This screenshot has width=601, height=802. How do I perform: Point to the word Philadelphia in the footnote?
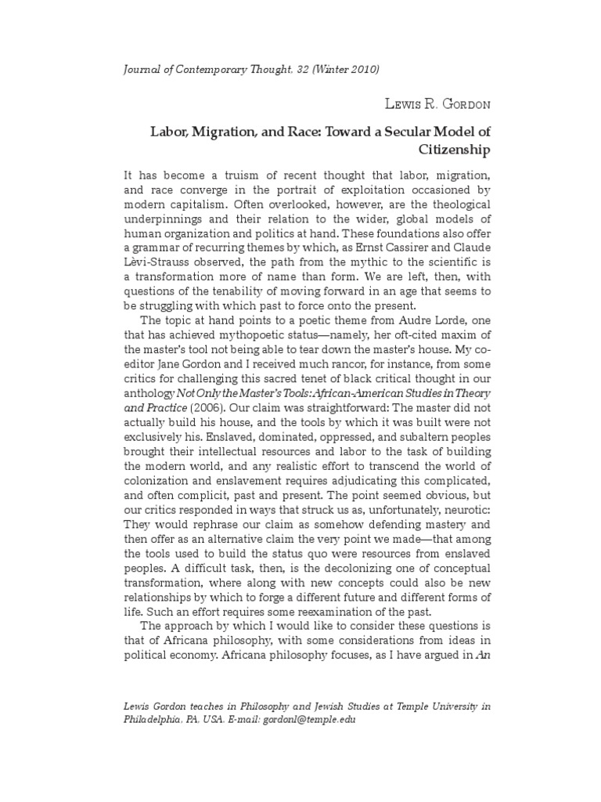157,720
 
